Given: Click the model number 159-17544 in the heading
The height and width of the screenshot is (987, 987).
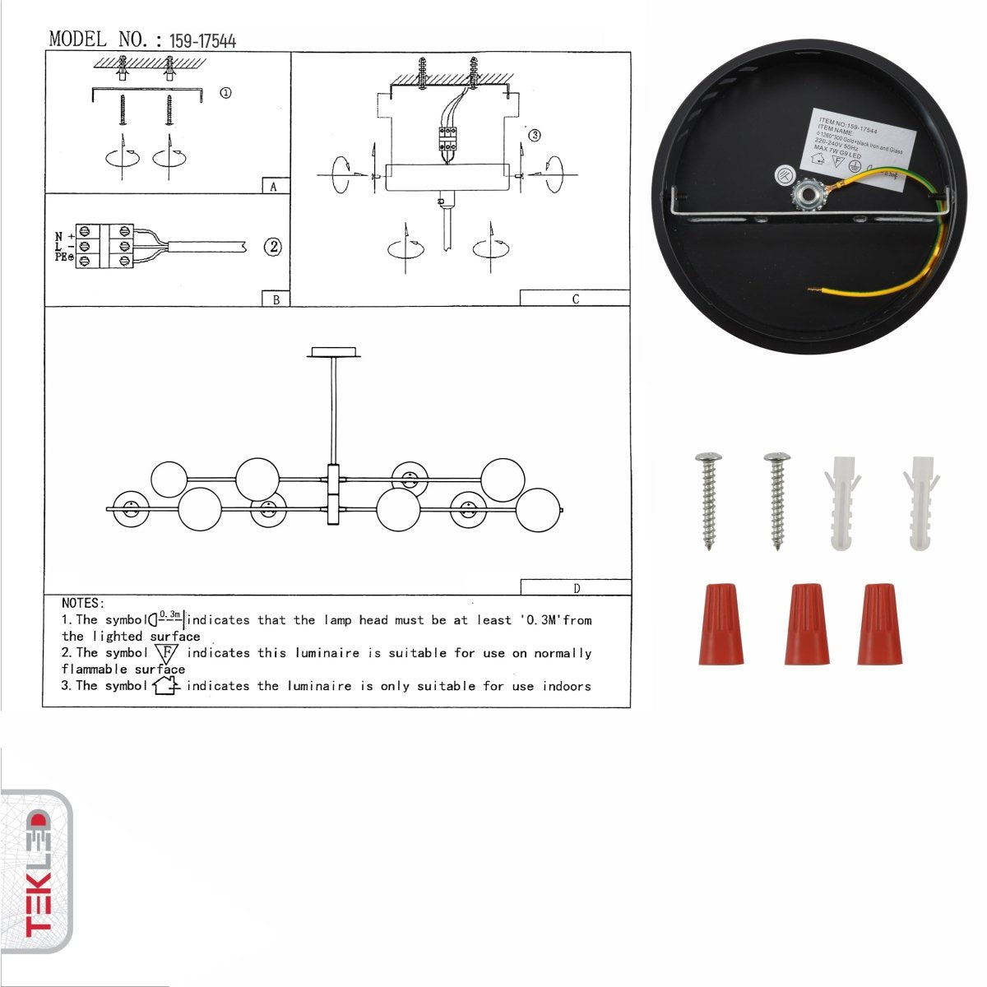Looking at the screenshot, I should (202, 41).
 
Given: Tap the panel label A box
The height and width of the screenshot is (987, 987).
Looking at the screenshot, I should (275, 187).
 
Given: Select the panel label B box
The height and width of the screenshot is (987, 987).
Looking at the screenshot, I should (276, 299).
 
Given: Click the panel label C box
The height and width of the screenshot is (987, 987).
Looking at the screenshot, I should (575, 299).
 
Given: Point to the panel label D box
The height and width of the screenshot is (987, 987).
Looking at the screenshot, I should (576, 587).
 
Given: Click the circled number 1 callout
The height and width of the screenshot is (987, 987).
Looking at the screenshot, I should (225, 93).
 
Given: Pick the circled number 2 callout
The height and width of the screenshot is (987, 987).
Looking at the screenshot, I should (273, 247).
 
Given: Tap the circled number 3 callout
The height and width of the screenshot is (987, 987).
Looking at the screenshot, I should (535, 136).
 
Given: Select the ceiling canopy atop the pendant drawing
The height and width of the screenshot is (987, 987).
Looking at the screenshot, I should (334, 353).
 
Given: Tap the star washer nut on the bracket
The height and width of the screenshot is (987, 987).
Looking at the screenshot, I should (804, 195).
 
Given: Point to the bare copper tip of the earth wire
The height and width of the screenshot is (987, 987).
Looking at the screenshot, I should (813, 290).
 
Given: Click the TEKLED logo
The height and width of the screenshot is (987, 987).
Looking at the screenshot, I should (36, 872).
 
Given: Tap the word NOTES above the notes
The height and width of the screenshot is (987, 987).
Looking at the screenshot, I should (83, 604).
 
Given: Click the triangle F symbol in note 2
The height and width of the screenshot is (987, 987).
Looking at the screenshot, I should (166, 653).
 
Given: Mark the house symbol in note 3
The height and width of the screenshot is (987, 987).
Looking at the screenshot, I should (165, 685).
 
